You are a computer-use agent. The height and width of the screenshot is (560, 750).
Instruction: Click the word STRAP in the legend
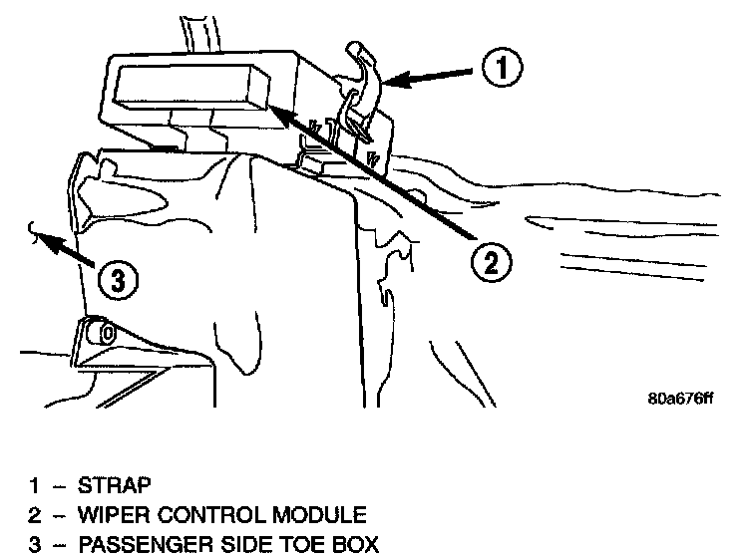click(114, 486)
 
